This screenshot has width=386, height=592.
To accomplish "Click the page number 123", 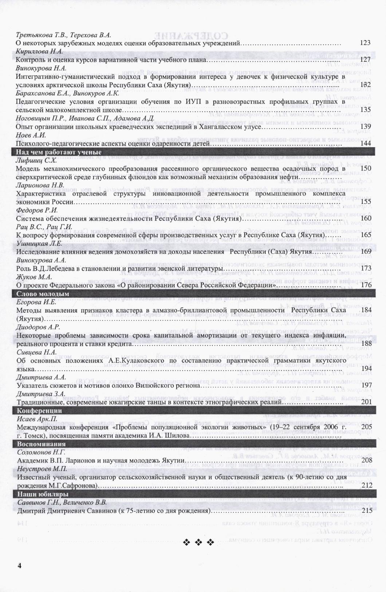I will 365,43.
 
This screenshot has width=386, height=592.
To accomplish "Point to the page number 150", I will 365,168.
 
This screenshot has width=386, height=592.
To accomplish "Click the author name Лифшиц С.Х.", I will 36,160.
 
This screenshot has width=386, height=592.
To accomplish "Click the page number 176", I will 366,285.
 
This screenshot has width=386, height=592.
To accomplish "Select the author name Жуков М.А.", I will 32,277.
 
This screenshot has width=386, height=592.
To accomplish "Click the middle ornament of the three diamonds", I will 199,543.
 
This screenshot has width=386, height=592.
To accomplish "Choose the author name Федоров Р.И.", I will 37,210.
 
